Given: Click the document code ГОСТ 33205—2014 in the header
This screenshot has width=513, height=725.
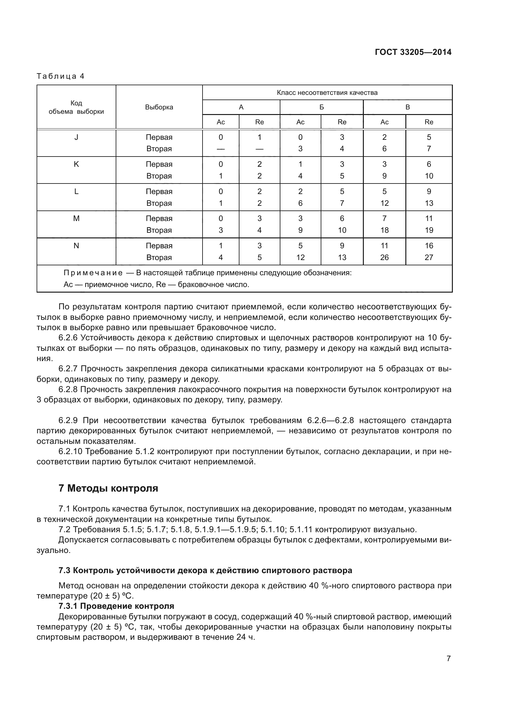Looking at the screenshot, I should (413, 52).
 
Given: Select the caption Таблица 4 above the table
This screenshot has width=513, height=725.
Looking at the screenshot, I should (60, 76).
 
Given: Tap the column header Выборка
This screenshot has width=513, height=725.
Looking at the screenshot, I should (159, 107).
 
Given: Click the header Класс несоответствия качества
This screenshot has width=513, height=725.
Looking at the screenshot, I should (327, 92).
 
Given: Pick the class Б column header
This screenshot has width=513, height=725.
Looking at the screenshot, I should (321, 107).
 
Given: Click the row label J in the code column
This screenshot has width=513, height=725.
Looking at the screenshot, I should (76, 137).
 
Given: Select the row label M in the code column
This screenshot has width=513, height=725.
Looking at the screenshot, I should (76, 219).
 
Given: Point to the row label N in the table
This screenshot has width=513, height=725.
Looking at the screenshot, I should (76, 246).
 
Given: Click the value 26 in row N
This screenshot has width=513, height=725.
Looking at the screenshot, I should (384, 257).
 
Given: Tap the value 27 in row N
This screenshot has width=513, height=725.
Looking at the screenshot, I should (429, 257).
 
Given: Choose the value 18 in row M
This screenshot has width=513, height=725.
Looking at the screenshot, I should (384, 230).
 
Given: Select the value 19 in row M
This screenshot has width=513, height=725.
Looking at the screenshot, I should (429, 230).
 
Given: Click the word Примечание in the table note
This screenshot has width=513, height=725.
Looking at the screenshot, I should (93, 273).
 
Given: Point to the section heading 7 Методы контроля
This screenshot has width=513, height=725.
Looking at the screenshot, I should (108, 488).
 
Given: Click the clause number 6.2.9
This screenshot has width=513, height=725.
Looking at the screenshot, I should (68, 421).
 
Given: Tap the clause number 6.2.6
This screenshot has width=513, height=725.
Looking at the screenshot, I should (68, 338).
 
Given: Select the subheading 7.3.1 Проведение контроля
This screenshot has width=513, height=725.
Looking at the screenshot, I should (116, 606).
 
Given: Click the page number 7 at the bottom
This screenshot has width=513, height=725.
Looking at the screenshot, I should (448, 658).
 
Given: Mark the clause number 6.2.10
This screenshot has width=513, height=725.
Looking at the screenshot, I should (70, 452).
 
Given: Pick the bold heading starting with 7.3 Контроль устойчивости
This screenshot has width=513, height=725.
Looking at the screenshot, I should (205, 571).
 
